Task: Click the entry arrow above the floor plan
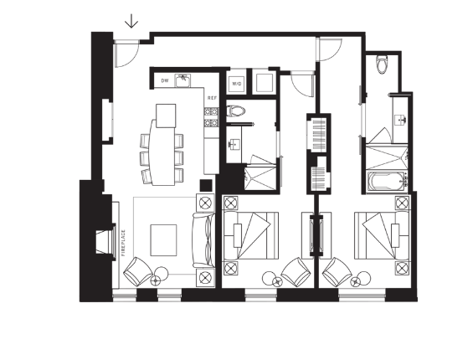131,21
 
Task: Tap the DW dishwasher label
165,80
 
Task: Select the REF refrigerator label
212,98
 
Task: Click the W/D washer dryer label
237,84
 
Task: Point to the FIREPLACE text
123,243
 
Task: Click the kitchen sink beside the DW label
183,80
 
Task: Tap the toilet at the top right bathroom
382,64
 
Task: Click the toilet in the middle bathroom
235,111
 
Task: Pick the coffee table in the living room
163,240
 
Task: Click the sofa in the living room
203,240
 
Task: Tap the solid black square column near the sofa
206,185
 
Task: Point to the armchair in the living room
137,271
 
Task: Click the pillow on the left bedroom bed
238,236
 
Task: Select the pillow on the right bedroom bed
395,236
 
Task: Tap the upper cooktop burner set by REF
211,111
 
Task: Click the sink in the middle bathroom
234,144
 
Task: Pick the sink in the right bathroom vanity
401,120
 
